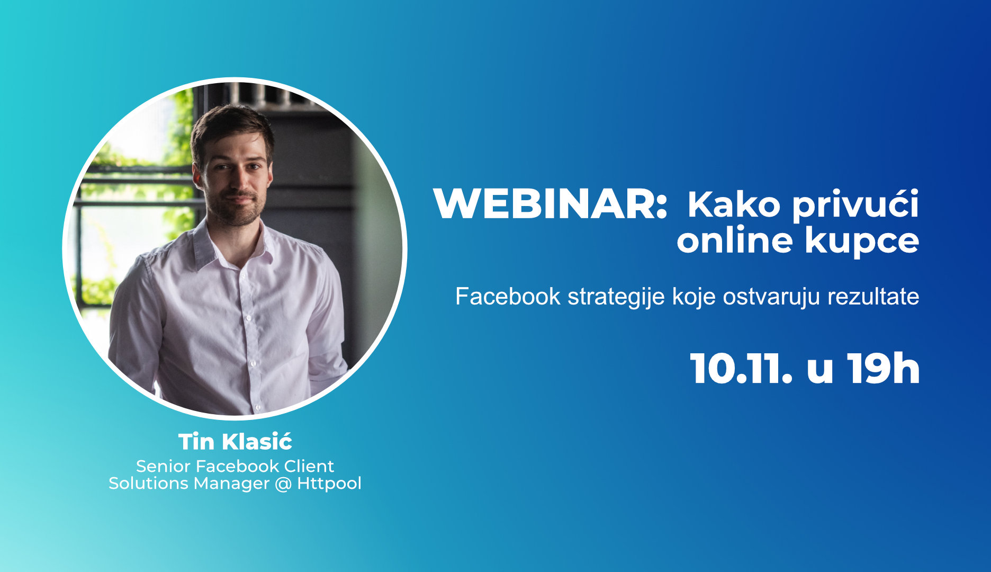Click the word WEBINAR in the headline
point(551,204)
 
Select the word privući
point(855,205)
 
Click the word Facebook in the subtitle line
point(508,296)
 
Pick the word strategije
point(616,298)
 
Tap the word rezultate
point(873,297)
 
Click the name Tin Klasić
point(235,441)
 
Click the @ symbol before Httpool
point(283,484)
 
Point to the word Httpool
point(329,484)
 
